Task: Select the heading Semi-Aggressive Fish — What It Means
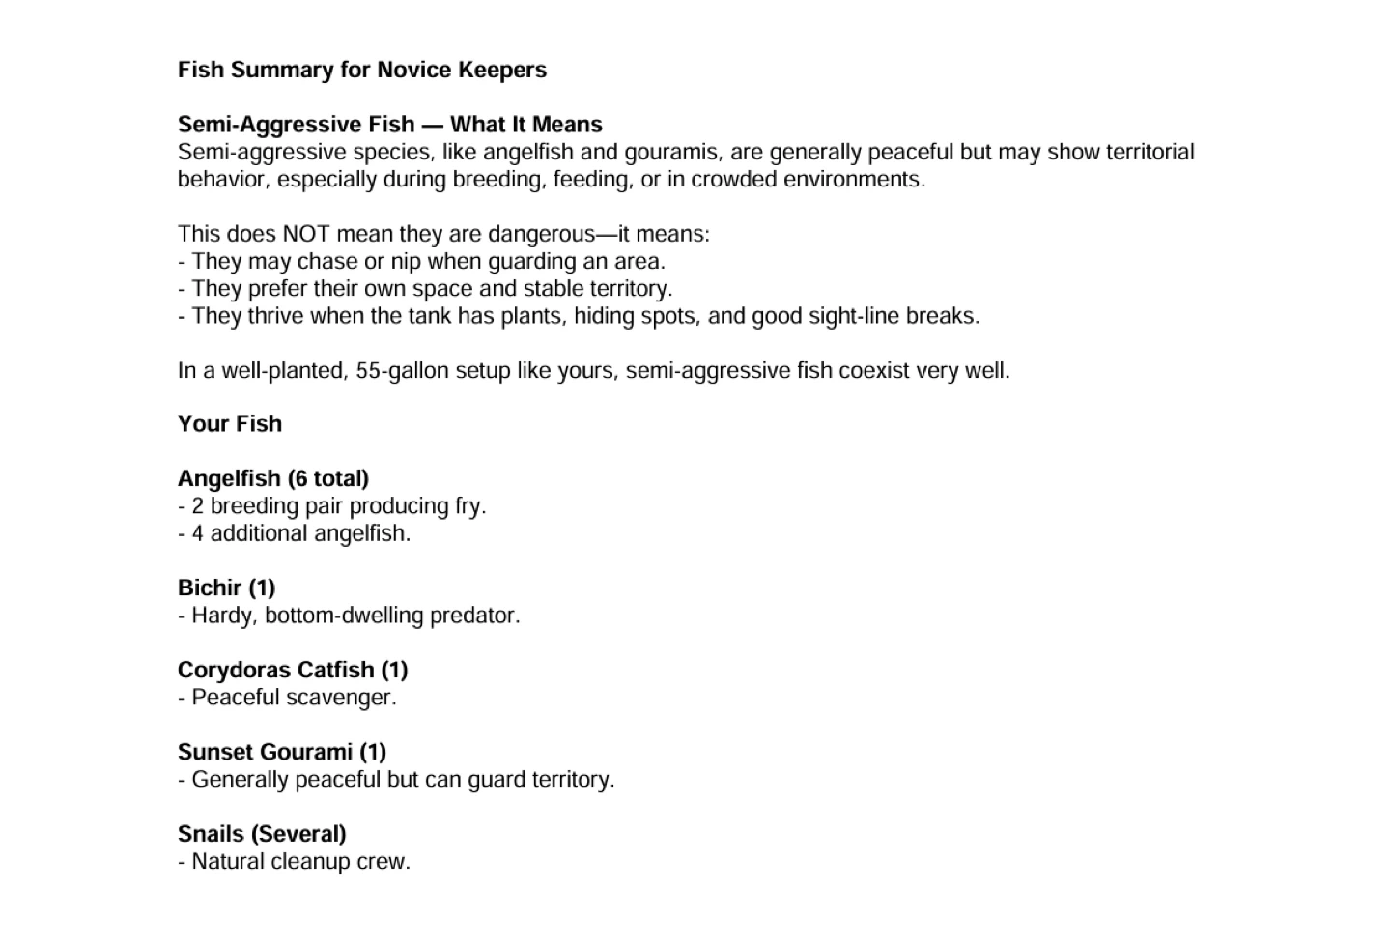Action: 389,125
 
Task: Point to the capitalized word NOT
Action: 305,235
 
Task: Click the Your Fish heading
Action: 230,424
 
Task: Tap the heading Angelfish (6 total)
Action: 273,479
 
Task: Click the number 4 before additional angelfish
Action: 197,534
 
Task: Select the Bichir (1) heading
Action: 227,588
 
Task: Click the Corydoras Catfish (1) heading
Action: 293,671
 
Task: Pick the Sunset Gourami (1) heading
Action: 282,753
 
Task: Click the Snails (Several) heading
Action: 262,835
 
